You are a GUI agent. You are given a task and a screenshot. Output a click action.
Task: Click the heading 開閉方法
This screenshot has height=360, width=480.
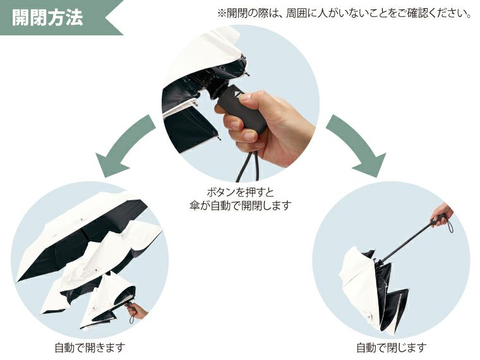(47, 17)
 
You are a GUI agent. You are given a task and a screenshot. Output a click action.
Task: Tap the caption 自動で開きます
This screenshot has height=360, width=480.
(90, 347)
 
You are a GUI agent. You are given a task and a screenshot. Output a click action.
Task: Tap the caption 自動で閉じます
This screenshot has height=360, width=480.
(391, 347)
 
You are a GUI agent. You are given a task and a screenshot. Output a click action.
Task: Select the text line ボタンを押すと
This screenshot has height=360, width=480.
(240, 192)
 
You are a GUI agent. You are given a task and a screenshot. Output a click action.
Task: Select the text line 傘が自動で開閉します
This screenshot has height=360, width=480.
(240, 206)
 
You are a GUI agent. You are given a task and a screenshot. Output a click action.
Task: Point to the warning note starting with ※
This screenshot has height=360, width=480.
(344, 13)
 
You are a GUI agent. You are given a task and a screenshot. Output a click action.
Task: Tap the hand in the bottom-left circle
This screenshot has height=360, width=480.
(138, 311)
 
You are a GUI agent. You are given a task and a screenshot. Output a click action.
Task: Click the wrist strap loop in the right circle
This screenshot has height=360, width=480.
(450, 224)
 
